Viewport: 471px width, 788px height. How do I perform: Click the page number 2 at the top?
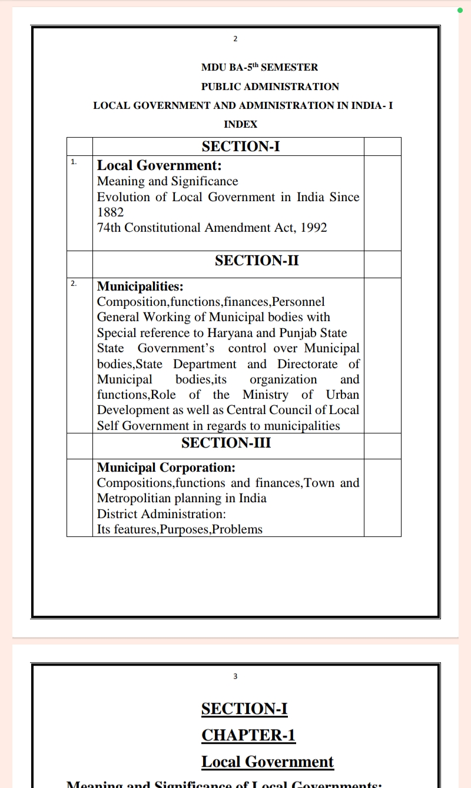[235, 39]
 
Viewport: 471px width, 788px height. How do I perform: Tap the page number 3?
[235, 676]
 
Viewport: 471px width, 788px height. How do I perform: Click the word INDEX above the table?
[241, 124]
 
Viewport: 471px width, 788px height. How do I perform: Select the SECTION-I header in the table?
[241, 146]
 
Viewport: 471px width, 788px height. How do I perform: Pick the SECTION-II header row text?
[257, 260]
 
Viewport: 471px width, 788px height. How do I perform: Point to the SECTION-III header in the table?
[226, 443]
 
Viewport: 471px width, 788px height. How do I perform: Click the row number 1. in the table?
[74, 161]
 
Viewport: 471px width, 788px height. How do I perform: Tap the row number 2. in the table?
[74, 283]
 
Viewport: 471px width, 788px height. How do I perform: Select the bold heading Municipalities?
[140, 286]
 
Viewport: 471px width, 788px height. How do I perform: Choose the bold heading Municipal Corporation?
[166, 468]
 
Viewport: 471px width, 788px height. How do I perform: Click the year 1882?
[111, 212]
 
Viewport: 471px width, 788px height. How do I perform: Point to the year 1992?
[314, 228]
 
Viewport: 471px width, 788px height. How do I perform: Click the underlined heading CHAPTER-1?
[248, 735]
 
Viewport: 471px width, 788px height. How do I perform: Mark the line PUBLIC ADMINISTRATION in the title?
[270, 86]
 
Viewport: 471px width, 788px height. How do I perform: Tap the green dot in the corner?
[460, 10]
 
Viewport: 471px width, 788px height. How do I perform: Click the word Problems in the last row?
[237, 529]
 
